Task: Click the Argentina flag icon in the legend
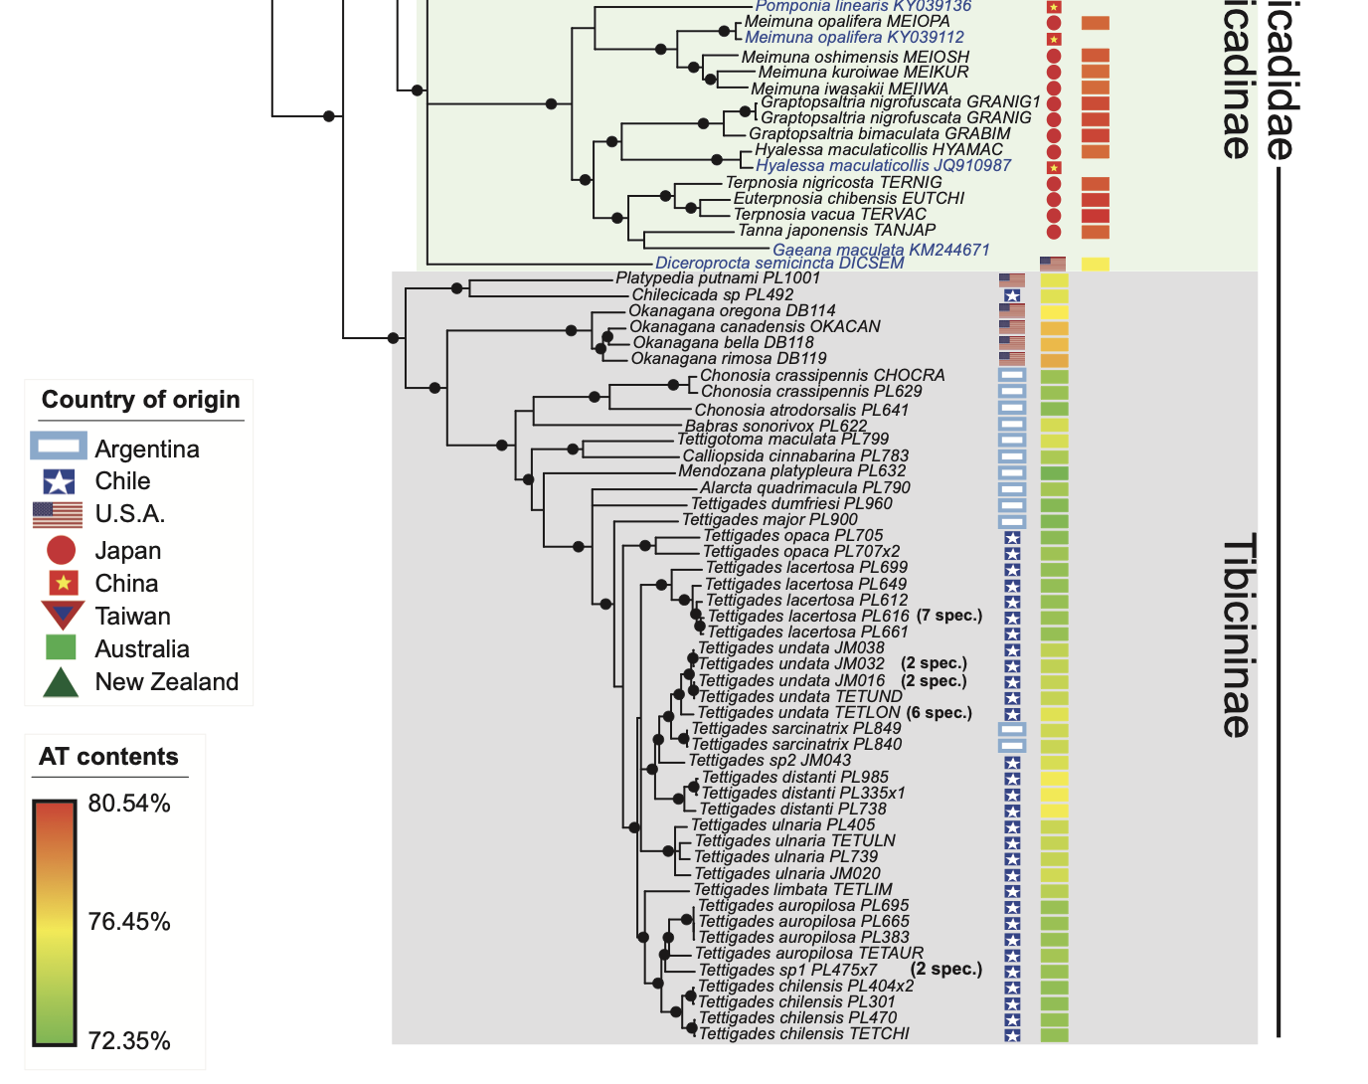[59, 448]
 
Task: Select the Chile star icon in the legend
[59, 481]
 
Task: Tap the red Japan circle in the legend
[61, 550]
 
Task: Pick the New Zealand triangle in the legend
[61, 682]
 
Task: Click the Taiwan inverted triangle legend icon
[62, 616]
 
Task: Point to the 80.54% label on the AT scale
[129, 804]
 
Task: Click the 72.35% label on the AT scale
[129, 1041]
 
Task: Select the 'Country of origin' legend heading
[140, 400]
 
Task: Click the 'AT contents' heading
[108, 757]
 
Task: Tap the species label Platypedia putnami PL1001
[718, 278]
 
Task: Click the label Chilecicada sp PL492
[712, 294]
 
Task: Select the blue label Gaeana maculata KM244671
[881, 250]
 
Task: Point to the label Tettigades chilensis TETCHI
[803, 1034]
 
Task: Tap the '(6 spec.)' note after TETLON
[940, 712]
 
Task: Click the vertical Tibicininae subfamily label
[1237, 636]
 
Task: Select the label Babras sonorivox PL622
[775, 426]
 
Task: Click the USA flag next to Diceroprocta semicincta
[1052, 264]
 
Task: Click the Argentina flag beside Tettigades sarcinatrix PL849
[1012, 729]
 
